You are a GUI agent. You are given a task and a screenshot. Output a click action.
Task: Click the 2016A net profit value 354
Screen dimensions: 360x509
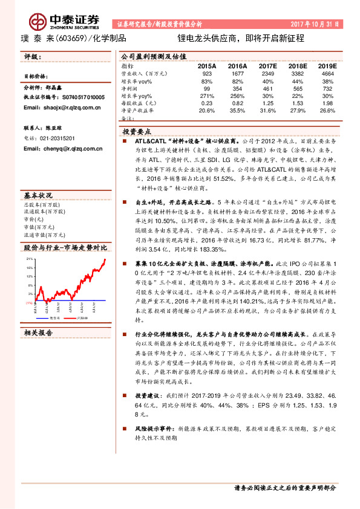237,88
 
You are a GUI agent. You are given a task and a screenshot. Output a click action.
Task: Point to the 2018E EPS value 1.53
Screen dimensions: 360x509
297,103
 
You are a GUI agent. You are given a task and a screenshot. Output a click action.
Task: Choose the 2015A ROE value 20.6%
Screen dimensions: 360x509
207,111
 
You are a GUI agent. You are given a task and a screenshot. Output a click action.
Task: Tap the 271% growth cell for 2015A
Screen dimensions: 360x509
207,96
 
